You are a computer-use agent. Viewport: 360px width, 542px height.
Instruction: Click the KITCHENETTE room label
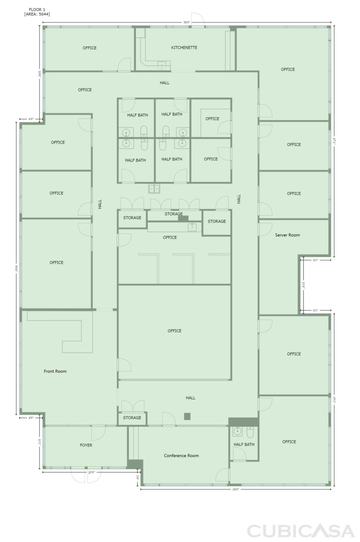click(x=184, y=48)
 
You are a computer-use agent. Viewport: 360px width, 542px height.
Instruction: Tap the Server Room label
click(x=287, y=235)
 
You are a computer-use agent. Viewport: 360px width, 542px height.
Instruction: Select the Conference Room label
click(x=181, y=456)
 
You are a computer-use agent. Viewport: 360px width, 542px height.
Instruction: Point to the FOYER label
click(x=86, y=445)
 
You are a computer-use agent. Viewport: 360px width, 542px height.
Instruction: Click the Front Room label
click(x=55, y=371)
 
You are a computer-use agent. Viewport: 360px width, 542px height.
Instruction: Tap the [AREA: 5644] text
click(x=37, y=14)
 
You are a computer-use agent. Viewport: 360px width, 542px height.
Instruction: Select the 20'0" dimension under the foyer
click(x=92, y=472)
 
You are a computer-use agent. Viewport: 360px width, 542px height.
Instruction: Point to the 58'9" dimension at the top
click(x=187, y=23)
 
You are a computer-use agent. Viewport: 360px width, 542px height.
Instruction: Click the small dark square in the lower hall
click(x=187, y=416)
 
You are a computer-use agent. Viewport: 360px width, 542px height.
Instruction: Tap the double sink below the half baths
click(x=154, y=189)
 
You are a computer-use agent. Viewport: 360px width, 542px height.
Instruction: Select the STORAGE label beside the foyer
click(x=132, y=418)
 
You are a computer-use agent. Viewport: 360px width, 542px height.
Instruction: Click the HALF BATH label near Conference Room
click(x=244, y=445)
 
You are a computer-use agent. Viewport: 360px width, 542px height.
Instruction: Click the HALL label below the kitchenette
click(x=164, y=83)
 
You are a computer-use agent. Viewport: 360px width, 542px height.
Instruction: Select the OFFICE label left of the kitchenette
click(x=89, y=48)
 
